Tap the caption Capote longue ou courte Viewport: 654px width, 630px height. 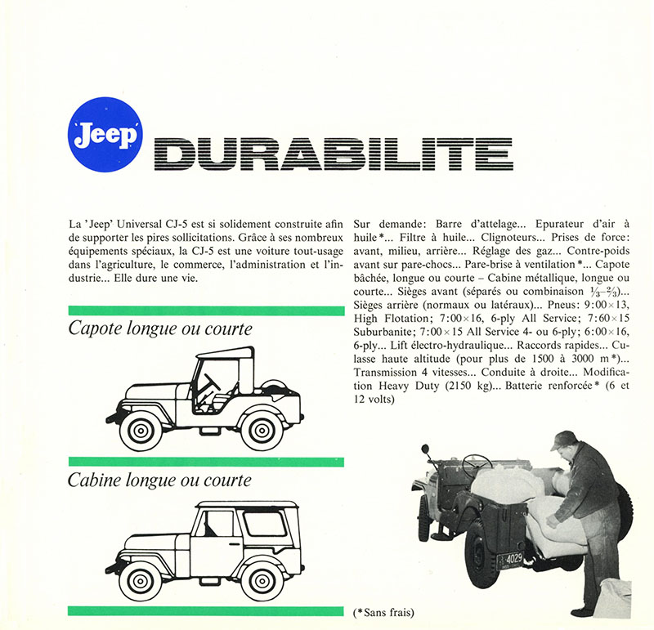160,330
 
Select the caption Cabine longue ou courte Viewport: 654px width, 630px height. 159,480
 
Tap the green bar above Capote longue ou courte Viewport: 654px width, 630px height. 206,311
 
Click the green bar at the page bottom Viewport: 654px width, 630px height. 206,610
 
